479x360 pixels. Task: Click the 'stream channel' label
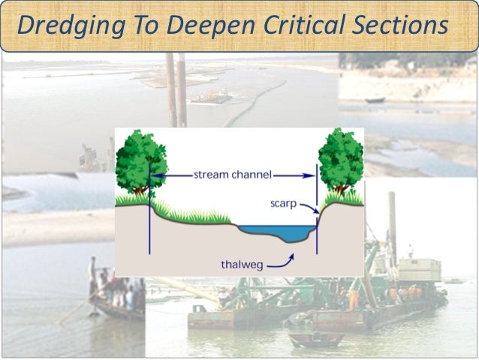tap(233, 175)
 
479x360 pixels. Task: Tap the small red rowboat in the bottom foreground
tap(316, 339)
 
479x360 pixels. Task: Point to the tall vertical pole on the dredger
tap(392, 225)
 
